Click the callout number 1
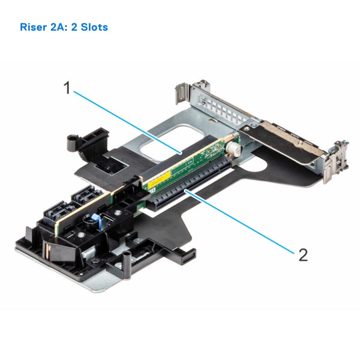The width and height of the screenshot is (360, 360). pyautogui.click(x=68, y=88)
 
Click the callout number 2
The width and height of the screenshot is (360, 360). pyautogui.click(x=303, y=255)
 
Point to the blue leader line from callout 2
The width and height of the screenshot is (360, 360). pyautogui.click(x=240, y=222)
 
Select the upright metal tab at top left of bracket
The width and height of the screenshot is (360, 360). pyautogui.click(x=179, y=94)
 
